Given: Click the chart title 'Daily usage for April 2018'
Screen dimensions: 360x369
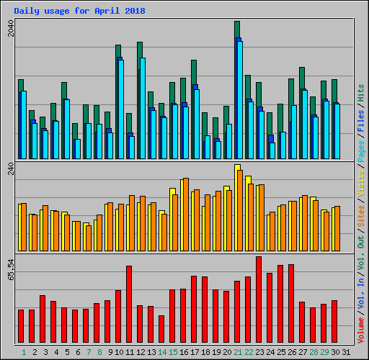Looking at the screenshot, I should [79, 12].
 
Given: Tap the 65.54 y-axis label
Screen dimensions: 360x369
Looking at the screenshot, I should [10, 269].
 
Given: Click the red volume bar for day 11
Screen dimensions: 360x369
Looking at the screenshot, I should [129, 305].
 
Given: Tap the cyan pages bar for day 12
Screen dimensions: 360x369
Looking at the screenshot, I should [143, 108].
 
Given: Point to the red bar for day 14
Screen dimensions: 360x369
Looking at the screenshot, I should [161, 329].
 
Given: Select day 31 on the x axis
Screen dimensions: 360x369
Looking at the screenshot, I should [346, 352].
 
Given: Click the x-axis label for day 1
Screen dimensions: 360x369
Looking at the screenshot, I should [24, 352].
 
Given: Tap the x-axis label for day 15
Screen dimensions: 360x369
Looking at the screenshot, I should [173, 352].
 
